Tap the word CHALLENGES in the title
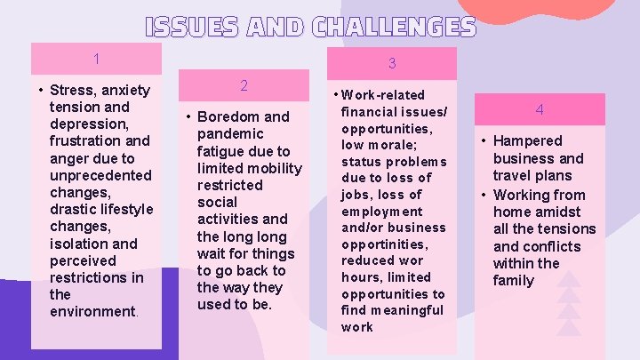395,27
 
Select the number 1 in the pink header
96,60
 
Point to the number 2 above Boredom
244,85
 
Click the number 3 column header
392,64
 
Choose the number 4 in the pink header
539,110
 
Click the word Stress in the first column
75,90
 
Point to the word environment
92,311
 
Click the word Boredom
225,116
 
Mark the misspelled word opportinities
383,244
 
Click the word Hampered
528,140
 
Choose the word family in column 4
514,280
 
